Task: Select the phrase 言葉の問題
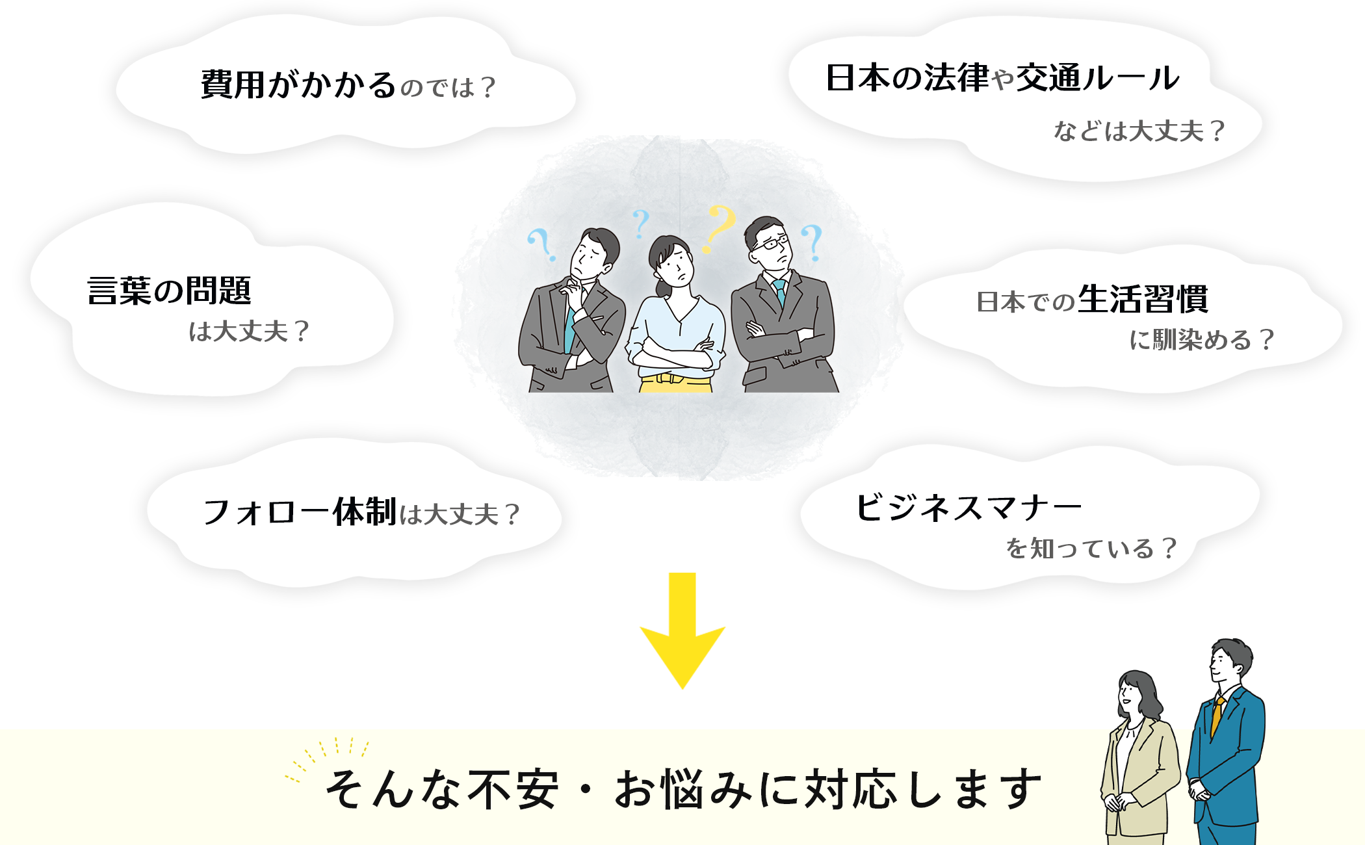169,291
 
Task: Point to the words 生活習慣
1143,300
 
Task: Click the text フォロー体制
300,512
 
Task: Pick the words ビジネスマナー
968,508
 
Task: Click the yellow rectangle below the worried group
682,630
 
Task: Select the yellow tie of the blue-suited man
1216,715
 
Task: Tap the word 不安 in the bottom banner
513,790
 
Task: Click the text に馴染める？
1202,340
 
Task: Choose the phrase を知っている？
1091,549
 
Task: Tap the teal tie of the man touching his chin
569,331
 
